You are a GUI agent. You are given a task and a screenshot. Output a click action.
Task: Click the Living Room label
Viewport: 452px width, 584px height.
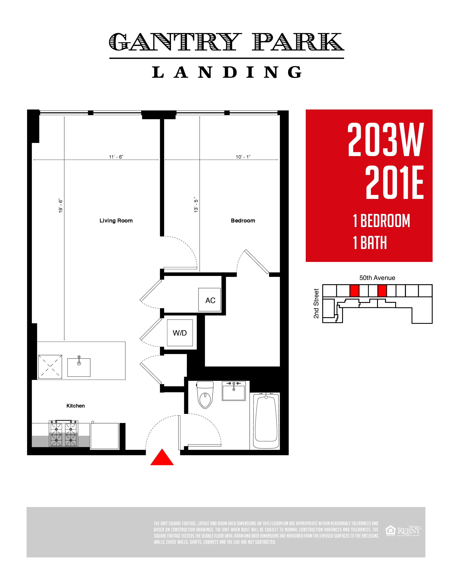[116, 221]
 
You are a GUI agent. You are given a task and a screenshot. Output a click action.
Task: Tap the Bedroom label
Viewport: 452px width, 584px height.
[243, 221]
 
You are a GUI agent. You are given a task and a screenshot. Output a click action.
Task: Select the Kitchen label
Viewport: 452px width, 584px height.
[76, 406]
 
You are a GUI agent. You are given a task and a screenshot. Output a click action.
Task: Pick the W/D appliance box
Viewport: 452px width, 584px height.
[180, 333]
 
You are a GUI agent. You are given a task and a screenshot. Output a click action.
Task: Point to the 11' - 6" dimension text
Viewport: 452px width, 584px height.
[116, 157]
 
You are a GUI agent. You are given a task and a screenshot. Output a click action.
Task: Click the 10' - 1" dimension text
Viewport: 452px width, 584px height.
[243, 157]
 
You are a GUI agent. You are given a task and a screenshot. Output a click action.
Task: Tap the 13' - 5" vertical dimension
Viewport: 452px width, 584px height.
[196, 205]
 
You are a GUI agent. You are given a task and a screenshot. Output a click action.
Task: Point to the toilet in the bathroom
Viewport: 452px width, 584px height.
[205, 395]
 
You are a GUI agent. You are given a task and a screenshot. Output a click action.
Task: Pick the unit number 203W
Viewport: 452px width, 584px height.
[386, 140]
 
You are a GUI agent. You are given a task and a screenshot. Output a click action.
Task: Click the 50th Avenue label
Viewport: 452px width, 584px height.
[377, 278]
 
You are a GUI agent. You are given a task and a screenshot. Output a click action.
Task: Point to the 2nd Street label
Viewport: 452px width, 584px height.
[316, 304]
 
